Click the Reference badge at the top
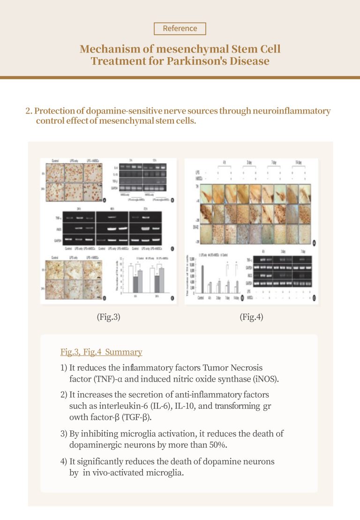click(180, 29)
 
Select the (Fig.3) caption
click(108, 317)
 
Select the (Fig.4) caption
click(251, 317)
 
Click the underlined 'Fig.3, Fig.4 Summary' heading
click(101, 352)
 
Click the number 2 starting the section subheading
click(28, 111)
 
